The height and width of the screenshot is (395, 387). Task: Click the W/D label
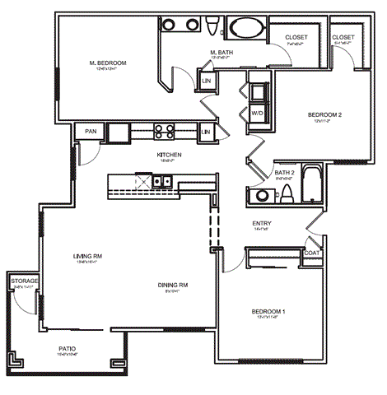(257, 113)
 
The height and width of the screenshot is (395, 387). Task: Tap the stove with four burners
(162, 130)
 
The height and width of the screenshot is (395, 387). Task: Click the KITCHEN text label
(169, 155)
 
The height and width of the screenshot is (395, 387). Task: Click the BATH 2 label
(284, 173)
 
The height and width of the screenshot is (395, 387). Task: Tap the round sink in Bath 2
(259, 196)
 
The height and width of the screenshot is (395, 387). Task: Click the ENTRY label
(263, 223)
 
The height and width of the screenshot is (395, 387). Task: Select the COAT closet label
(311, 253)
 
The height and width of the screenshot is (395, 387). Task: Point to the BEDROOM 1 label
(268, 311)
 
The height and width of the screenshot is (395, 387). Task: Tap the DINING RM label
(174, 286)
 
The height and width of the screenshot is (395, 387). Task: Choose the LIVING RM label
(86, 257)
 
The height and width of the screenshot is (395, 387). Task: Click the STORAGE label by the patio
(24, 281)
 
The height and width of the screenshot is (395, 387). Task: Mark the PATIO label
(68, 348)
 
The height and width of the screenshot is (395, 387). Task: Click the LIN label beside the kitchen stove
(206, 131)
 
